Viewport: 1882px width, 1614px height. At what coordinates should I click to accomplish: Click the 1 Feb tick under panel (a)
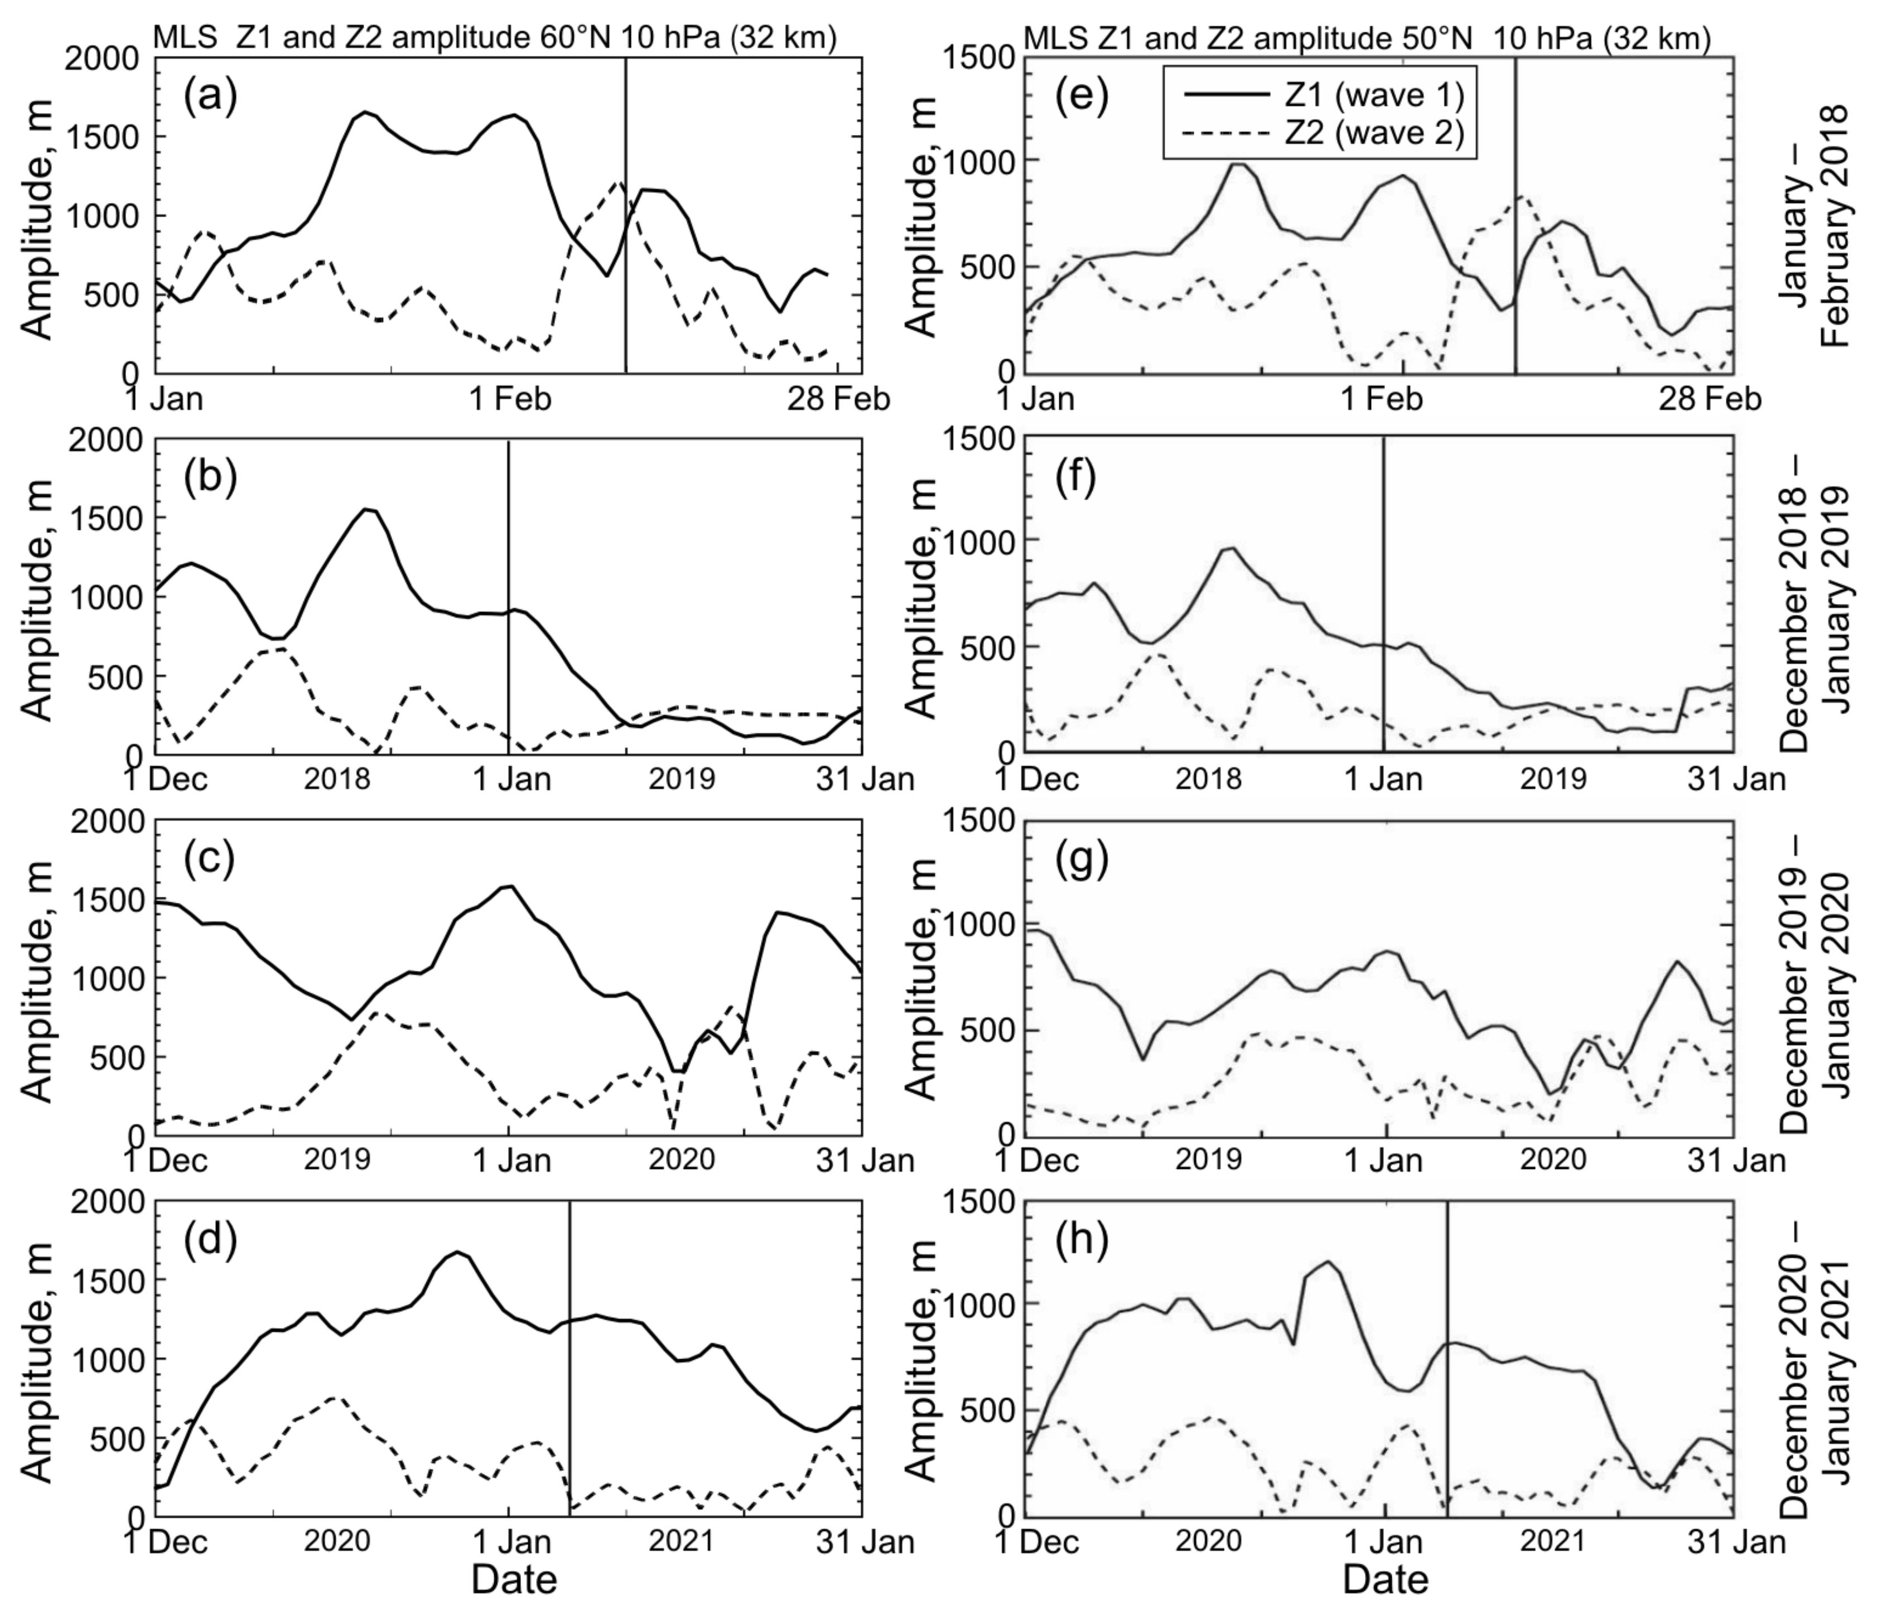(510, 399)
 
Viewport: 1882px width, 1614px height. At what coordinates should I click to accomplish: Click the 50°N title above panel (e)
(1367, 38)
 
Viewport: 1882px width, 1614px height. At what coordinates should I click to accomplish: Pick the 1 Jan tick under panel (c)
(510, 1161)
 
